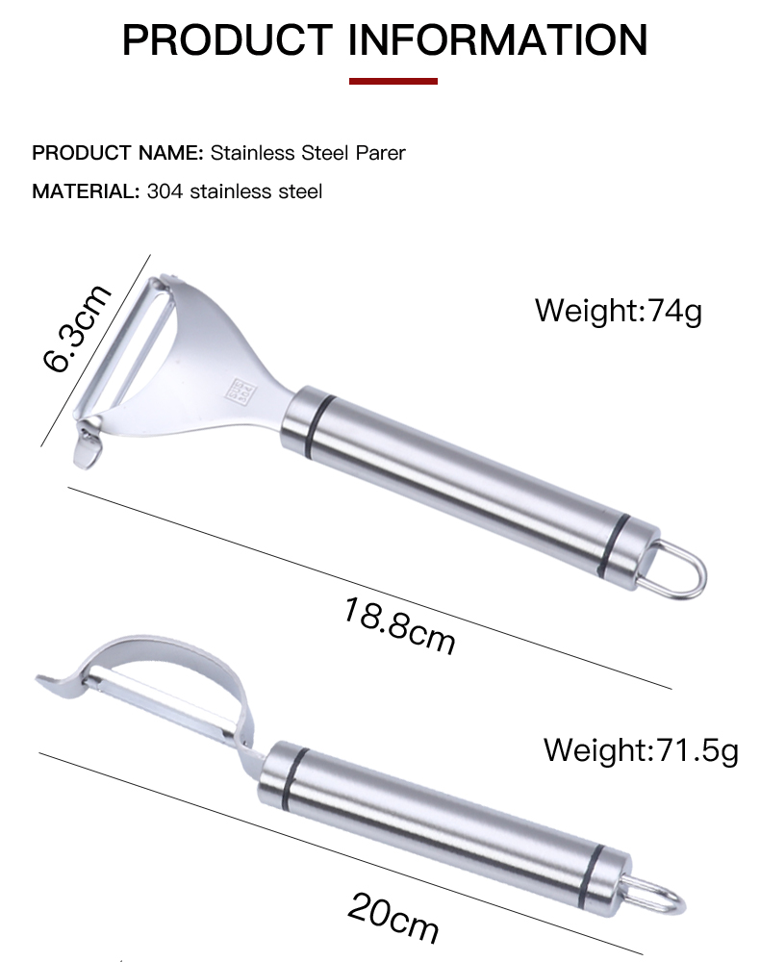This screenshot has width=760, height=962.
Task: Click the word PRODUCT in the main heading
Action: (227, 39)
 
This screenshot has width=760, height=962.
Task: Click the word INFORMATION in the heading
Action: (497, 39)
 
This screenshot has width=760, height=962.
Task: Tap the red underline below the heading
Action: (393, 81)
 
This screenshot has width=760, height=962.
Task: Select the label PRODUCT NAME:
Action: (117, 153)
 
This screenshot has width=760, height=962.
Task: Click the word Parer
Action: (380, 153)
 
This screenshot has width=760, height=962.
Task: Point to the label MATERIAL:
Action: (86, 191)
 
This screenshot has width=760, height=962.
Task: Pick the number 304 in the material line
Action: (165, 191)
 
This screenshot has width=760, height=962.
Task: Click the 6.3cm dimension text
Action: (77, 328)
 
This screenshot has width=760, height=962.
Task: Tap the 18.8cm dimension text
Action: (399, 626)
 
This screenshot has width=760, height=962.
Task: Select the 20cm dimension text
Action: (393, 918)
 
